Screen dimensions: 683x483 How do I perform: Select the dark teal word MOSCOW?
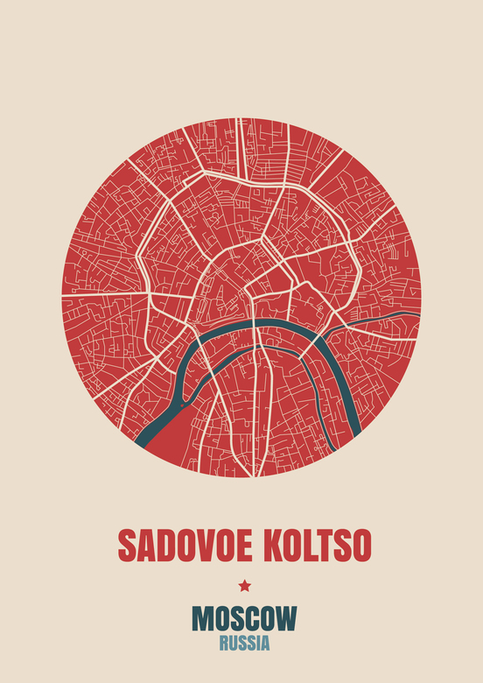point(244,619)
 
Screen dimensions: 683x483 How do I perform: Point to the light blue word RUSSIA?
point(244,644)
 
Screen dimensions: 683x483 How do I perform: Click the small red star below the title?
point(244,586)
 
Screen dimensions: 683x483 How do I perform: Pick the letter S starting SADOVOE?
point(126,546)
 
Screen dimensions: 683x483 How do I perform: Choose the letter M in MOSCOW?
point(202,619)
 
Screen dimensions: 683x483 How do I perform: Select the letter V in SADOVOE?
point(199,546)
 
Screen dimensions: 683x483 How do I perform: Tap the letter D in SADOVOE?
point(162,546)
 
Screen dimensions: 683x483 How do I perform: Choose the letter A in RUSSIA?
point(265,644)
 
